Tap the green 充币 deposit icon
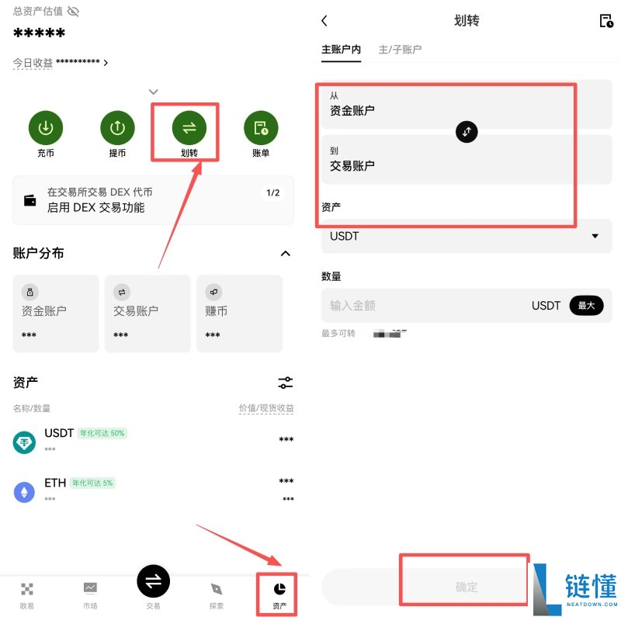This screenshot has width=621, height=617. click(x=46, y=127)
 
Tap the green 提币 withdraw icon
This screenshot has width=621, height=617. click(x=117, y=127)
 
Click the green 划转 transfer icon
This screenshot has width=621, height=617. click(x=189, y=127)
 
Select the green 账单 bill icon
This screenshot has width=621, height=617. click(x=261, y=127)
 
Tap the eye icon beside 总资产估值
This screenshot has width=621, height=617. click(x=73, y=12)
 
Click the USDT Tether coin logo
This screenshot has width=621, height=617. click(x=25, y=442)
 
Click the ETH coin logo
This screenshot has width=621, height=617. click(x=25, y=491)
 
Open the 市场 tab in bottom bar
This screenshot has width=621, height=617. click(x=90, y=593)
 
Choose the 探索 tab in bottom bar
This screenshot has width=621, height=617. click(x=217, y=593)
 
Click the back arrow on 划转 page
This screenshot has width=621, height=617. click(x=324, y=21)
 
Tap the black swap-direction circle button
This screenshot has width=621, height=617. click(x=467, y=131)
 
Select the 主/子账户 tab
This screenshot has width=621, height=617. click(x=400, y=50)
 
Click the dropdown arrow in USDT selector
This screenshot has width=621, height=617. click(x=595, y=236)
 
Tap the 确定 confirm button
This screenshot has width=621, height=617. click(x=467, y=588)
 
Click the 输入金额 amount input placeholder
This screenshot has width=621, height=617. click(x=353, y=306)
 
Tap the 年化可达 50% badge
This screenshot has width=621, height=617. click(x=102, y=433)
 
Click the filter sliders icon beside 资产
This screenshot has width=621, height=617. click(x=286, y=383)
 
